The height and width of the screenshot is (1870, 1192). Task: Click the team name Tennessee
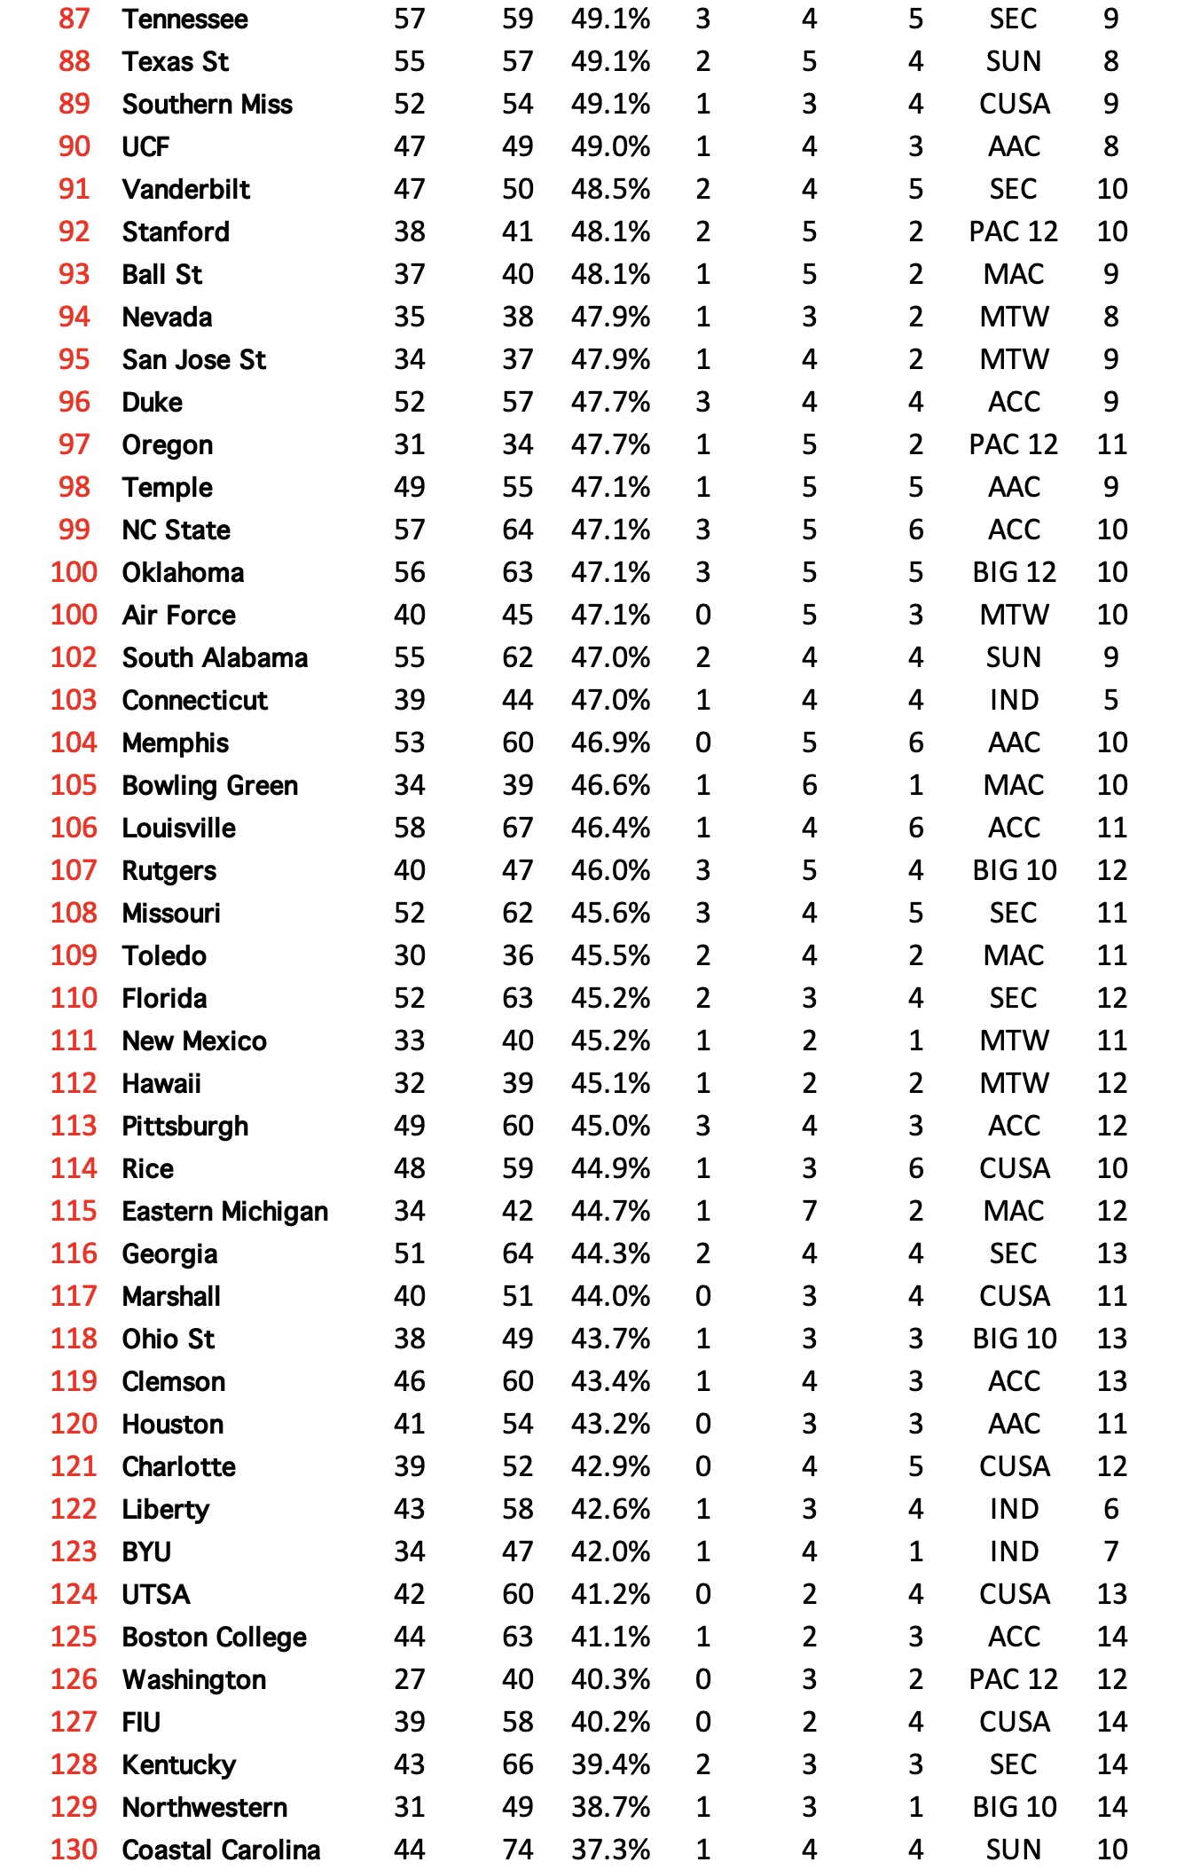point(184,19)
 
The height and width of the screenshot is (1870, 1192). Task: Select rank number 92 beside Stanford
point(74,232)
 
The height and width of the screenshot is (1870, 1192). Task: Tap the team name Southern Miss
point(207,104)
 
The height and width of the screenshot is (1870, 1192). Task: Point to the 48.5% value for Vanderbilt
point(610,189)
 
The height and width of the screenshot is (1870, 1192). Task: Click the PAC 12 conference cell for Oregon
point(1013,444)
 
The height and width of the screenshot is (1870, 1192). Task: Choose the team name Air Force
point(178,615)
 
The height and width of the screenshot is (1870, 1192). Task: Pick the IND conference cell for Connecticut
point(1013,700)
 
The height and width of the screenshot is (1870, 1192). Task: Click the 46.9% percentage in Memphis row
point(610,742)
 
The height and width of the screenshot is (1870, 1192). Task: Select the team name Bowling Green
point(209,785)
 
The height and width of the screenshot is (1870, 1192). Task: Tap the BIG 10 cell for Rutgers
point(1014,870)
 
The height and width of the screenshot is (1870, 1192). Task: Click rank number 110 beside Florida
point(74,998)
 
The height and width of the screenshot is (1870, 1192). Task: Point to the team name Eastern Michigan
point(224,1211)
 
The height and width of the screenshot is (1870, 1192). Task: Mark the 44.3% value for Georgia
point(610,1253)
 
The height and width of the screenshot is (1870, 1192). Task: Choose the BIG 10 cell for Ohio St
point(1014,1339)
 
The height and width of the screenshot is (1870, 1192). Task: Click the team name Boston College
point(214,1637)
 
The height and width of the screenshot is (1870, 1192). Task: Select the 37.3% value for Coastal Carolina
point(610,1850)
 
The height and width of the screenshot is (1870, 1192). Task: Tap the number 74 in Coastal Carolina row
point(517,1850)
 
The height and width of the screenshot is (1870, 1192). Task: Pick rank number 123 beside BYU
point(74,1552)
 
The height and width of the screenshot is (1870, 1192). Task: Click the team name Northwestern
point(204,1807)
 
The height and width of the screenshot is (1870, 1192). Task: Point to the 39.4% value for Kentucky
point(610,1764)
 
